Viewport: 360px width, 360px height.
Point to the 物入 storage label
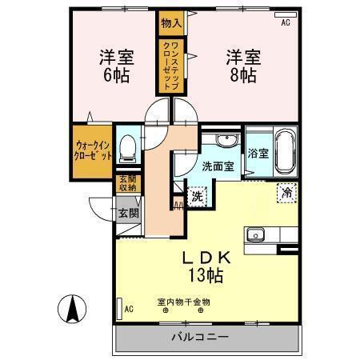pyautogui.click(x=170, y=23)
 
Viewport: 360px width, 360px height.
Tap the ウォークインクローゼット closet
pyautogui.click(x=93, y=151)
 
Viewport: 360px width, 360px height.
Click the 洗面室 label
pyautogui.click(x=218, y=166)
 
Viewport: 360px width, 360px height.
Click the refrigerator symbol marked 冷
pyautogui.click(x=286, y=192)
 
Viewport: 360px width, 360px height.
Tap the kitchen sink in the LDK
pyautogui.click(x=257, y=235)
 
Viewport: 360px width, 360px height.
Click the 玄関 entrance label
pyautogui.click(x=129, y=214)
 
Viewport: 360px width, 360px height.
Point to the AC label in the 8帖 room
pyautogui.click(x=284, y=23)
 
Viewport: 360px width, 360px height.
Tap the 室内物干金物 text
pyautogui.click(x=183, y=302)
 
